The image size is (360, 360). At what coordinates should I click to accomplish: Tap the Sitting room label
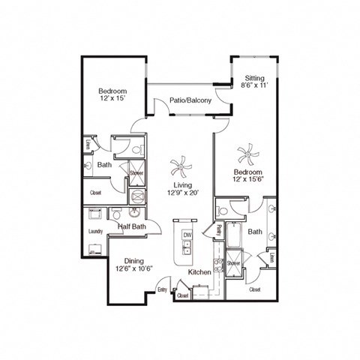254,77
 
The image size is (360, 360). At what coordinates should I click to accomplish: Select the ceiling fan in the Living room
181,164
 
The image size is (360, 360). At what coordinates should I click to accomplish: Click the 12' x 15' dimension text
112,97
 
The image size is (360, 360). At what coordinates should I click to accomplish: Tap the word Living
182,184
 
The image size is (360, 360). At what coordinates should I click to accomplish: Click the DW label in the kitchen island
187,235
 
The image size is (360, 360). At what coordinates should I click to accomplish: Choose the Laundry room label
95,232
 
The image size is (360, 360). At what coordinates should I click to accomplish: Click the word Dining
134,261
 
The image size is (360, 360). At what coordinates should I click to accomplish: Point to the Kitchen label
199,271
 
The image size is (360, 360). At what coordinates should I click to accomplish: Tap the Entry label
162,289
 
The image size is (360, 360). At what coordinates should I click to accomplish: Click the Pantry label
218,230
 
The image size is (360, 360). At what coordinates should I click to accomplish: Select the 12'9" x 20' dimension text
182,193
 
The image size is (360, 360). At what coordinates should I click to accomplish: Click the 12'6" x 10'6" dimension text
134,270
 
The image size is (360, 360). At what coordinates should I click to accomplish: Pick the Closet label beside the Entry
182,296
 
